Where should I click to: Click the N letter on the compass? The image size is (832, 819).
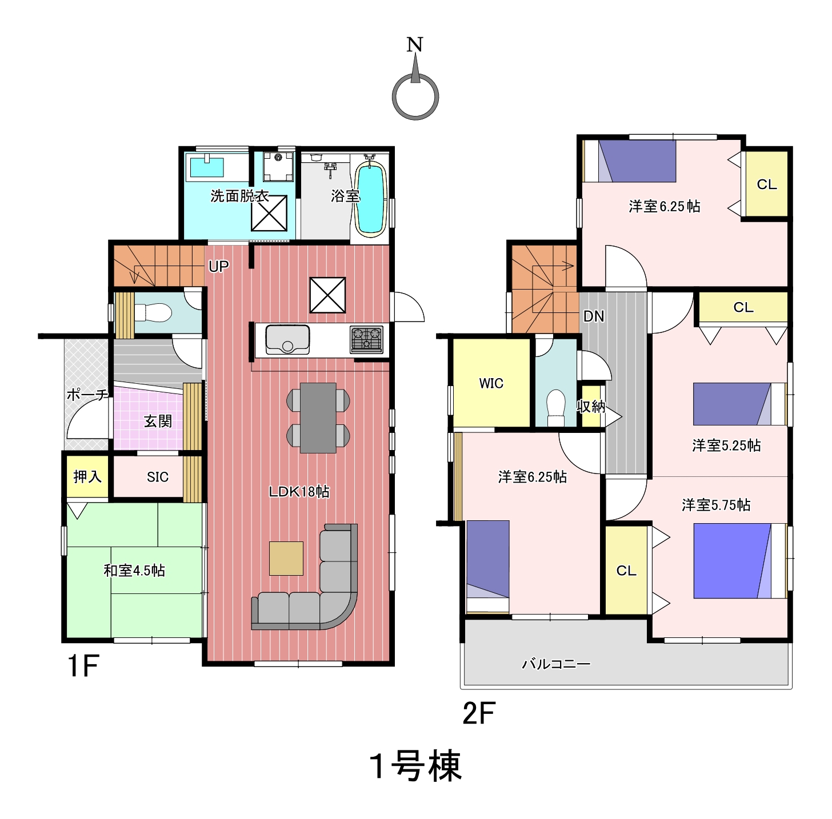(x=414, y=44)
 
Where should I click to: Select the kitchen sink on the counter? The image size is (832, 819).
(x=287, y=340)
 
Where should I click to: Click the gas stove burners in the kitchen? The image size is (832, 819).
(x=367, y=339)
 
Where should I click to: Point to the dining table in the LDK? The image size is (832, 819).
(x=318, y=418)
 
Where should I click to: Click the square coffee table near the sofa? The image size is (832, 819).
(x=286, y=558)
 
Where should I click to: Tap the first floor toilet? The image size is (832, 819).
(x=153, y=312)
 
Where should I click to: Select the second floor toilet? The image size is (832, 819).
(x=555, y=408)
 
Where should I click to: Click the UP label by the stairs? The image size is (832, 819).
(x=218, y=266)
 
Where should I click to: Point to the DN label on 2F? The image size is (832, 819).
(x=594, y=316)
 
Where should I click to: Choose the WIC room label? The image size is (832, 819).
(x=491, y=383)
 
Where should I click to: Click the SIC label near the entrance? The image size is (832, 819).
(x=157, y=477)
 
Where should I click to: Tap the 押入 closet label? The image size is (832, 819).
(x=87, y=476)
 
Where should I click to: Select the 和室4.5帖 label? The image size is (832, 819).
(x=134, y=571)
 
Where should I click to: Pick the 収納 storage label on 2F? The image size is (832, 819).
(x=591, y=406)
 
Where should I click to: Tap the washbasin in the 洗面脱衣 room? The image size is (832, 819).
(x=207, y=166)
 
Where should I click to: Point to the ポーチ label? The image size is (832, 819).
(x=87, y=395)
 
